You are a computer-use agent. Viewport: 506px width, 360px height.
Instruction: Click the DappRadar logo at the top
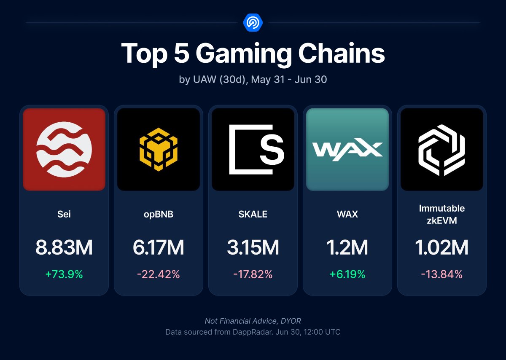[253, 22]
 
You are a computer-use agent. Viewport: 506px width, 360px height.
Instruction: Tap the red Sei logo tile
[64, 149]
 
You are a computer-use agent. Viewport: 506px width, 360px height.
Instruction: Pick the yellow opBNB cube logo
[159, 149]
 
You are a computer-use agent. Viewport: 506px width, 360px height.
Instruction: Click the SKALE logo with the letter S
[253, 149]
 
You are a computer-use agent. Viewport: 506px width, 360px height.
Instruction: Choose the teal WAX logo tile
[347, 149]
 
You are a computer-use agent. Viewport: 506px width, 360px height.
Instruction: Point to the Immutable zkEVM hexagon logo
[442, 149]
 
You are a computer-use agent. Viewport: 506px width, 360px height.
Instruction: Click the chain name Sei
[64, 214]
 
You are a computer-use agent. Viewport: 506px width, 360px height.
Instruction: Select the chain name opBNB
[159, 214]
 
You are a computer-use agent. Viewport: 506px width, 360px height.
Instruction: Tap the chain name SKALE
[253, 214]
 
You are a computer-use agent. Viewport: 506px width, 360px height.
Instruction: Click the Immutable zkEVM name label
[442, 214]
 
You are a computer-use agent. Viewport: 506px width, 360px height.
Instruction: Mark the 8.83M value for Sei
[64, 248]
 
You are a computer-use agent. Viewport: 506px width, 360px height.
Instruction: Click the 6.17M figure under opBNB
[159, 248]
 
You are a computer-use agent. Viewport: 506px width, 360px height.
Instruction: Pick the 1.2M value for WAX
[347, 248]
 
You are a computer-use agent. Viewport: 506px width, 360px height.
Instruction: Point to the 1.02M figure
[442, 248]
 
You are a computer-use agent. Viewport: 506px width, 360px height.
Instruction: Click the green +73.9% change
[64, 274]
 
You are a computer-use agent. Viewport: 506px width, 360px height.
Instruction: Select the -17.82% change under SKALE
[253, 274]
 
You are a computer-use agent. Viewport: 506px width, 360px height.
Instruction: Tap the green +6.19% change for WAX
[347, 274]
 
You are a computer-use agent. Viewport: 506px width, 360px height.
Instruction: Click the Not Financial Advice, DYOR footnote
[253, 321]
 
